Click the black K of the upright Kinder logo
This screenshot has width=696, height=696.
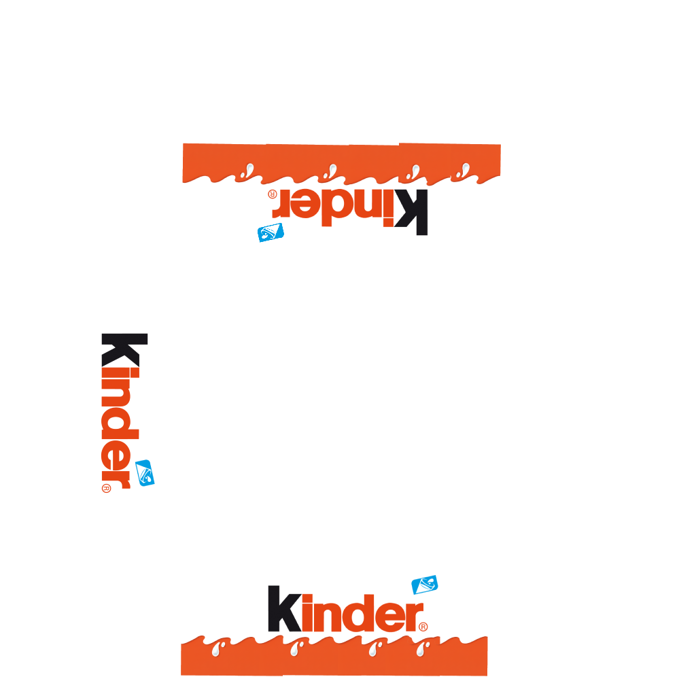point(284,609)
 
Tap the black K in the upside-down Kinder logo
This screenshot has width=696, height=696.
point(411,212)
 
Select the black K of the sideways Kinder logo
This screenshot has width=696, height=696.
point(124,350)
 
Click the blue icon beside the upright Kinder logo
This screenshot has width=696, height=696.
point(425,584)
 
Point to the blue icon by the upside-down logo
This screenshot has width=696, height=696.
point(271,232)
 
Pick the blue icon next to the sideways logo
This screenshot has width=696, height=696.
point(145,473)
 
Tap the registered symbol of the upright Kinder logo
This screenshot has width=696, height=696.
point(423,627)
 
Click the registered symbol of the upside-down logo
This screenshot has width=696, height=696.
point(273,194)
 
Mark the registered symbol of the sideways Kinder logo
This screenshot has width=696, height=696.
point(106,489)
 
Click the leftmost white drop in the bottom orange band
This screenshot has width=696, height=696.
point(217,649)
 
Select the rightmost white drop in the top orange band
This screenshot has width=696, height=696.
point(464,171)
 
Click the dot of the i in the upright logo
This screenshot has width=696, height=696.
point(308,597)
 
